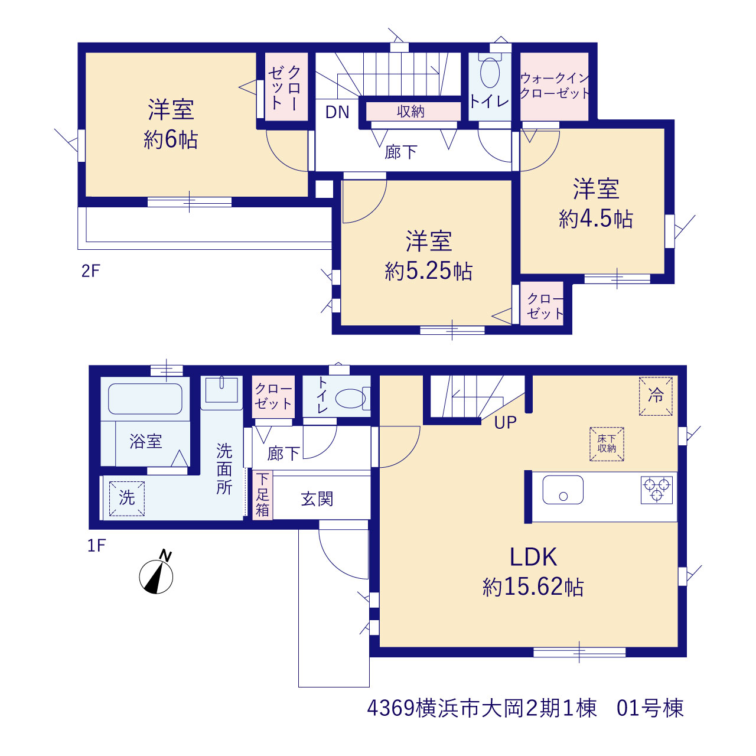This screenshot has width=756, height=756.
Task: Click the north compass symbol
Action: pos(156,573)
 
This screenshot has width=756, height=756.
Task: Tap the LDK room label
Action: pos(533,557)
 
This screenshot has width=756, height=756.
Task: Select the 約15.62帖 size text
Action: pos(533,587)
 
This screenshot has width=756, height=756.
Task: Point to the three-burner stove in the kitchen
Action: pos(656,490)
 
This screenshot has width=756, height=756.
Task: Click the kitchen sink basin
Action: pos(563,490)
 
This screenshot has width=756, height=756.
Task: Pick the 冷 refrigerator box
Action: pos(656,396)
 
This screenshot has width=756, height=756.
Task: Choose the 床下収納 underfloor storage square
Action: pos(607,444)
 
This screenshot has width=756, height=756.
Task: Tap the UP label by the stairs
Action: pos(506,422)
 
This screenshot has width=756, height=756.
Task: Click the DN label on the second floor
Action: pos(337,113)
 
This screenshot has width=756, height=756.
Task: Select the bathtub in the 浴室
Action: pos(145,399)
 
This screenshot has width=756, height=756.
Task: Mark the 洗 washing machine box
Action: pos(127,498)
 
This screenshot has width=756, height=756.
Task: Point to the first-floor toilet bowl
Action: pos(350,399)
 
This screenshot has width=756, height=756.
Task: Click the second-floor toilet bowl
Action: pos(490,73)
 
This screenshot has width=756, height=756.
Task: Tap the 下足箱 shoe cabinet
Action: pos(262,495)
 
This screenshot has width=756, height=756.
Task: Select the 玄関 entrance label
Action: pos(317,499)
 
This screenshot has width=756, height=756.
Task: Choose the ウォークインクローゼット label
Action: pos(555,86)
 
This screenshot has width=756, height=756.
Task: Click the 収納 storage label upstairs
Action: pos(410,112)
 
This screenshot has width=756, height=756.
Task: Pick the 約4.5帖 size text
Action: pos(596,219)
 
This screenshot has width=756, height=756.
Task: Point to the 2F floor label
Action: pos(90,271)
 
